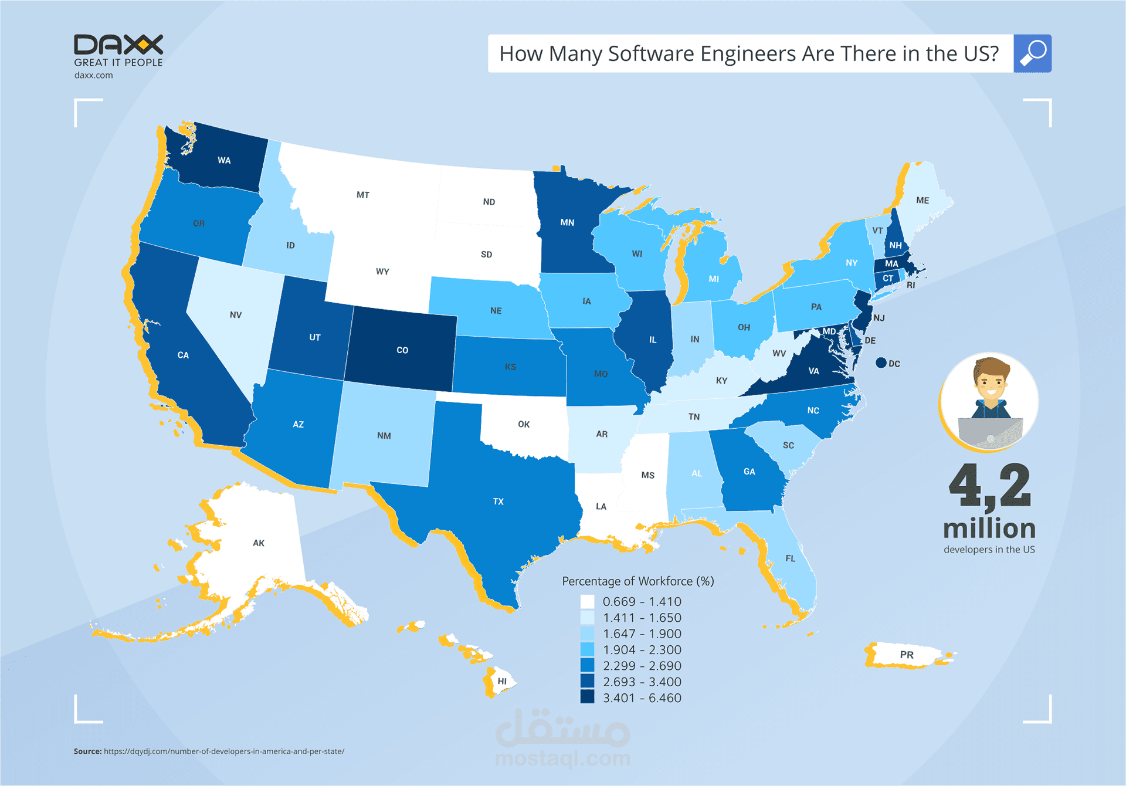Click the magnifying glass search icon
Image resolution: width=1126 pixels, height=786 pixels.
pyautogui.click(x=1032, y=53)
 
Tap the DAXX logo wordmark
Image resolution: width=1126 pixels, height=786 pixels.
pyautogui.click(x=118, y=45)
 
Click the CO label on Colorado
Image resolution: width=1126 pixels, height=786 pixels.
pyautogui.click(x=402, y=350)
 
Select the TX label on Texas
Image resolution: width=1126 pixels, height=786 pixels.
pyautogui.click(x=498, y=502)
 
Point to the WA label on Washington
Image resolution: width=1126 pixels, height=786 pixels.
pyautogui.click(x=224, y=160)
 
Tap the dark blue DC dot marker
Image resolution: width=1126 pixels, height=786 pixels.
pyautogui.click(x=881, y=363)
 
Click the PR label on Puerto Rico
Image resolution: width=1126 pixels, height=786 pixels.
pyautogui.click(x=907, y=655)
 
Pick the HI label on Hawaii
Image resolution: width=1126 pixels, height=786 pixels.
pyautogui.click(x=502, y=681)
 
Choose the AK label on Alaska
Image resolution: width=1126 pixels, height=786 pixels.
pyautogui.click(x=259, y=543)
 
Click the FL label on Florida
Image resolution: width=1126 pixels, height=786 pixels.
pyautogui.click(x=791, y=558)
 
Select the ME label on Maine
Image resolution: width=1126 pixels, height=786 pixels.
pyautogui.click(x=922, y=200)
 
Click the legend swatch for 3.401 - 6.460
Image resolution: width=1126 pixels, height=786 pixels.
pyautogui.click(x=587, y=697)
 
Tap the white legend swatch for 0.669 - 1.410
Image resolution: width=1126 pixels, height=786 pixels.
pyautogui.click(x=587, y=601)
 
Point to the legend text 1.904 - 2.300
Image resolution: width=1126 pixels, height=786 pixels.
pyautogui.click(x=642, y=650)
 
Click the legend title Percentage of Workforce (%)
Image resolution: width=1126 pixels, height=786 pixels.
pyautogui.click(x=638, y=581)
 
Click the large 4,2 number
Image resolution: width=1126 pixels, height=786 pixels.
pyautogui.click(x=990, y=486)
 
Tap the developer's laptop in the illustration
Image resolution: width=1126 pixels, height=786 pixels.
pyautogui.click(x=990, y=433)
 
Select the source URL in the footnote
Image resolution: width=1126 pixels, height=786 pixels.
pyautogui.click(x=224, y=751)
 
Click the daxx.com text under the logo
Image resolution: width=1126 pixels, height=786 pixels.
pyautogui.click(x=94, y=75)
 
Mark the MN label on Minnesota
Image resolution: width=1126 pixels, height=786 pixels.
pyautogui.click(x=567, y=222)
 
